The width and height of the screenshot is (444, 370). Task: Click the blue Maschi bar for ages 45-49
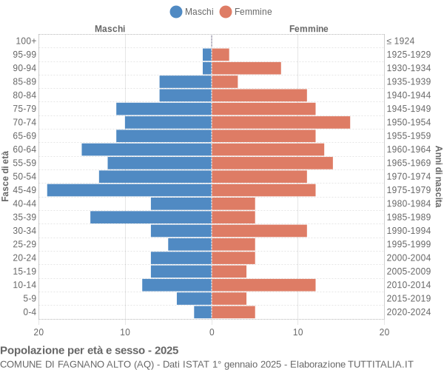(x=129, y=190)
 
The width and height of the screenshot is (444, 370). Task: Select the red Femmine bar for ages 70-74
(x=280, y=122)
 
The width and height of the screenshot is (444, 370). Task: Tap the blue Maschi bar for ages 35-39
(x=151, y=217)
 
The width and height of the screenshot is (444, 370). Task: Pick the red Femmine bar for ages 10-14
(x=263, y=285)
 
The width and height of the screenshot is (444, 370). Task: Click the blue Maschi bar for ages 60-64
(x=147, y=149)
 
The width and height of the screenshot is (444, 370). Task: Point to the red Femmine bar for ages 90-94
(x=246, y=68)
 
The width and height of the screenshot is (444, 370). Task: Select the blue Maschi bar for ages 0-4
(x=203, y=312)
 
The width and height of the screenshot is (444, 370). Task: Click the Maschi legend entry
(x=192, y=11)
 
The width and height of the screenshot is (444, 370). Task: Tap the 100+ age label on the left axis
(x=26, y=41)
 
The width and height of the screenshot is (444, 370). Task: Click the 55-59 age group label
(x=25, y=163)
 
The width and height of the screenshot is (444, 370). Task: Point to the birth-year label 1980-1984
(x=408, y=203)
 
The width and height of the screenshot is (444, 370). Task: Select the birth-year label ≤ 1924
(x=400, y=41)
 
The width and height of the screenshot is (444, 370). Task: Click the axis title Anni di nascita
(x=438, y=176)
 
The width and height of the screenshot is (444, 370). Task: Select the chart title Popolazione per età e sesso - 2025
(x=90, y=349)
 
